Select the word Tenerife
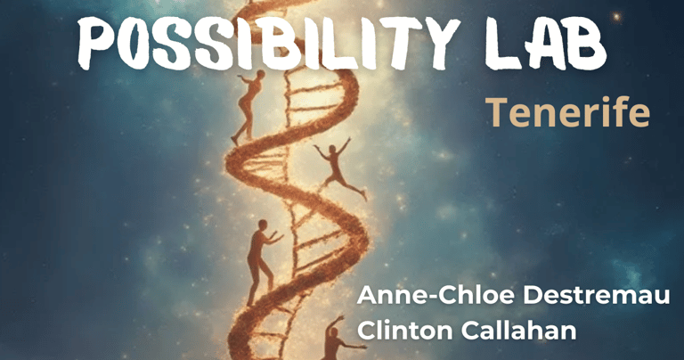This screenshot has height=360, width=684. point(567,112)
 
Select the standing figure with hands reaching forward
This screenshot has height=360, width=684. point(261,262)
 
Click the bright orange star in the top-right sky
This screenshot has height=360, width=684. point(616,17)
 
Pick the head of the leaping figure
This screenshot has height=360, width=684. point(334,150)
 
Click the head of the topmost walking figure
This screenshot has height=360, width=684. point(260,74)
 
